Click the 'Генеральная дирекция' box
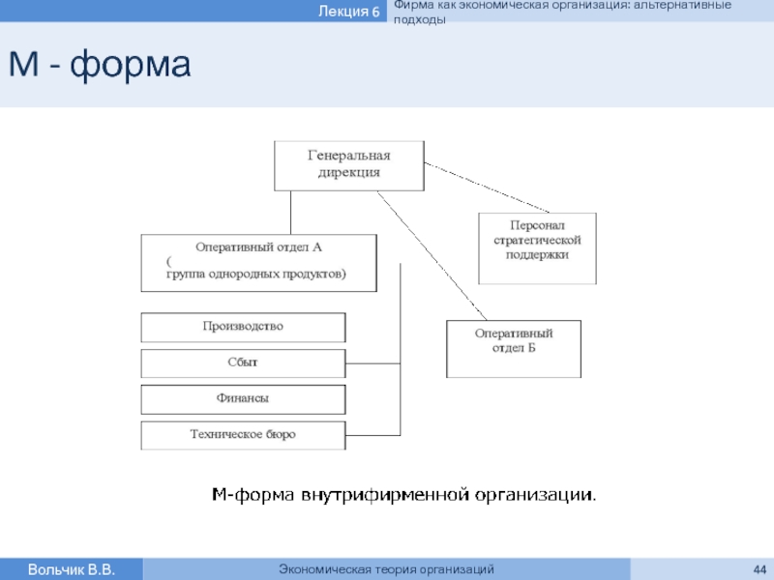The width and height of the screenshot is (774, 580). click(x=349, y=165)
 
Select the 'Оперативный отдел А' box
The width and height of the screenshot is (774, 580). click(x=258, y=263)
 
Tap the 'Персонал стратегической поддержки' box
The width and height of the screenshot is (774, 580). click(x=537, y=248)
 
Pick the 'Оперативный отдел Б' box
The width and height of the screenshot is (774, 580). click(x=514, y=349)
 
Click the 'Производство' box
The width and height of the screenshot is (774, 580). click(x=243, y=327)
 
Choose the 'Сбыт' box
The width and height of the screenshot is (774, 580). click(x=243, y=363)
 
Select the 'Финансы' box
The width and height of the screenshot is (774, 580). click(x=243, y=399)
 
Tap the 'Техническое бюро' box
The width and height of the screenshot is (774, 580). click(x=243, y=436)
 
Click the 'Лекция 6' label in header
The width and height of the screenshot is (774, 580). click(x=348, y=11)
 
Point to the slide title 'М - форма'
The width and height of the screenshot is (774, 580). click(x=100, y=64)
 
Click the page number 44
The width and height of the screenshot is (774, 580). click(x=759, y=569)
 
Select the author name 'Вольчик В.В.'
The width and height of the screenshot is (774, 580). click(x=71, y=569)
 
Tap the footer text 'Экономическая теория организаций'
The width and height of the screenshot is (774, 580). click(x=386, y=569)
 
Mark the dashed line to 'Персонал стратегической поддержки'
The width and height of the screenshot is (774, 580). click(x=487, y=188)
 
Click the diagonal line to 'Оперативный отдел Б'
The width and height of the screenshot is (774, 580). click(x=432, y=255)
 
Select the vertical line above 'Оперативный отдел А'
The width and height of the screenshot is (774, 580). click(x=291, y=213)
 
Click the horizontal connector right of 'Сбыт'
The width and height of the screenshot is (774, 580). click(x=372, y=363)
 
